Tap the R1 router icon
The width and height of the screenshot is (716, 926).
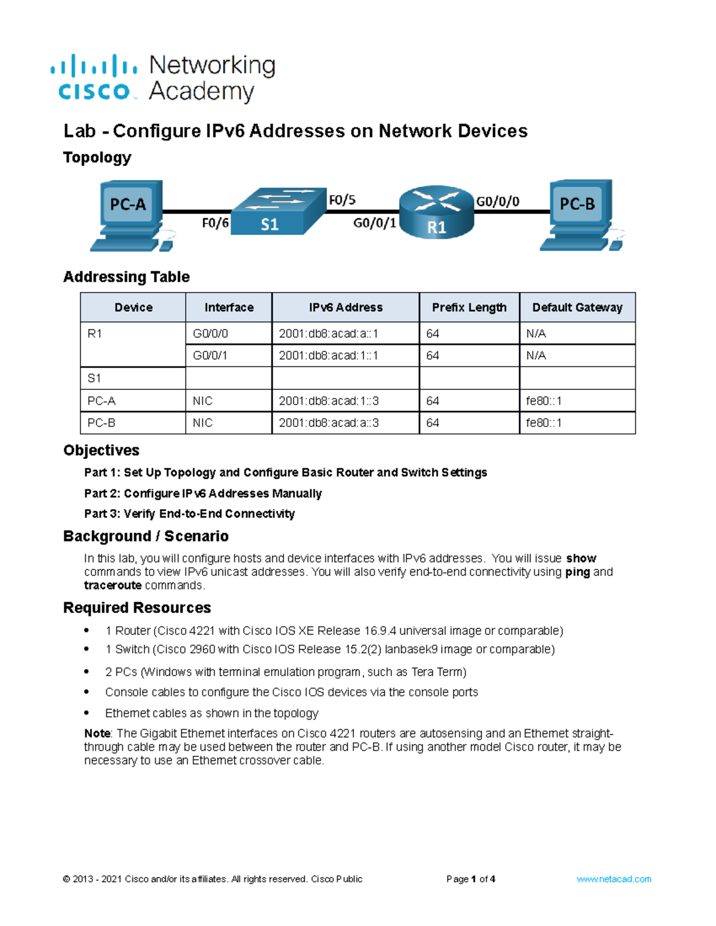click(x=436, y=212)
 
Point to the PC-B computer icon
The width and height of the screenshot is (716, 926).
click(x=582, y=215)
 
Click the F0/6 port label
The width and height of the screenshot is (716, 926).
click(x=215, y=222)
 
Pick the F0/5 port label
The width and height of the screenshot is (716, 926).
click(x=342, y=200)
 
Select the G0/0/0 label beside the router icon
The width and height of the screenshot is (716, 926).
click(x=498, y=202)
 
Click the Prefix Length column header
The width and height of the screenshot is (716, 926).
click(x=469, y=307)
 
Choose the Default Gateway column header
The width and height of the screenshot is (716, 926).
click(x=578, y=307)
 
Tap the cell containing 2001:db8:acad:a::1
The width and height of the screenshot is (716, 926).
click(x=345, y=333)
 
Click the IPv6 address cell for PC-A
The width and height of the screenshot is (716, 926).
click(x=345, y=401)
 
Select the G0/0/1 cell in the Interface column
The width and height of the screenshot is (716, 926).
click(x=229, y=355)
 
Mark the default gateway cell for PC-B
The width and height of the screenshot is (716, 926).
click(x=578, y=423)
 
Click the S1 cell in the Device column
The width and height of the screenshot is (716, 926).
click(x=132, y=378)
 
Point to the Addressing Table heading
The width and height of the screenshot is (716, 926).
click(x=126, y=277)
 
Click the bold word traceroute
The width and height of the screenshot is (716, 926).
click(x=113, y=585)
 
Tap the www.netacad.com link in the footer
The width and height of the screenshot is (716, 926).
click(x=613, y=879)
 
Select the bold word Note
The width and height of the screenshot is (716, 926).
click(x=97, y=733)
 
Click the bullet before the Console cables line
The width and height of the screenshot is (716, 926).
click(x=87, y=692)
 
